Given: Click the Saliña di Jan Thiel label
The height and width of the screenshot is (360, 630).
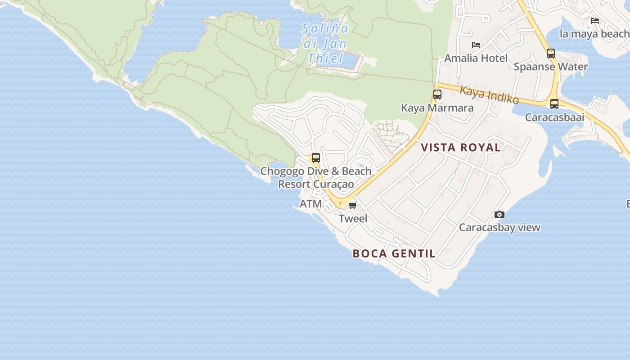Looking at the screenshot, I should point(325,43).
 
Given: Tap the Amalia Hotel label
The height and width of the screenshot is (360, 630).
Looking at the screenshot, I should point(476,58).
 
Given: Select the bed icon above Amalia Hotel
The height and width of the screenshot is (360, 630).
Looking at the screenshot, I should point(476,45).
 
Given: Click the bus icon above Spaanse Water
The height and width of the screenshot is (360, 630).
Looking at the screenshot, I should point(551,54).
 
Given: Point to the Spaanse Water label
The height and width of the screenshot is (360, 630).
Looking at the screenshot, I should point(551,67).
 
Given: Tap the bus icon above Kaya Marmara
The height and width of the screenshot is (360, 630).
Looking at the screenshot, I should point(437,94).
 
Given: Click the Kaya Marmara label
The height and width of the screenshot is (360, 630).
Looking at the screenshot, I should point(437,108).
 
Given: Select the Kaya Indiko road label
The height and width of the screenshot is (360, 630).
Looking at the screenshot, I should point(489,94).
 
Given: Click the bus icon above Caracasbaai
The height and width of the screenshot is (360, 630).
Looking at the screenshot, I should point(554,104).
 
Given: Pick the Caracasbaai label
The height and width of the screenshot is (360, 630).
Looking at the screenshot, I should point(554,117).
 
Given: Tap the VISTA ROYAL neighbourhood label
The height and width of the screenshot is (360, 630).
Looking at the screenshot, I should point(461,148).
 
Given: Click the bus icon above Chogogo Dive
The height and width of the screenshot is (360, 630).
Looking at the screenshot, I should point(316,158).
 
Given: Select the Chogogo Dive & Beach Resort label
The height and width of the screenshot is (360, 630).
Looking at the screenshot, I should point(316,178).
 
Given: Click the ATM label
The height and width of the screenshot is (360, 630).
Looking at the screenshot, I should point(311,204).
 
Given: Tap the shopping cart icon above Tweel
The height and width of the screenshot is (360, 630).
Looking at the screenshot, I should point(353,205).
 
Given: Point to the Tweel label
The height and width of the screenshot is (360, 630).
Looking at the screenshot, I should point(353,219).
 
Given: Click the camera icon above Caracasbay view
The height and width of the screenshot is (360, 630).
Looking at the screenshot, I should point(499,214).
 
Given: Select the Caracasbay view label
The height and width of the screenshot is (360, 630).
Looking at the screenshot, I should point(499,228).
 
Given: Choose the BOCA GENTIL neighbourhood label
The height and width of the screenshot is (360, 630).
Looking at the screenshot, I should point(394,254).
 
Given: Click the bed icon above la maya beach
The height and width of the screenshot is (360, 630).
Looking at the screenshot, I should point(595,21).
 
